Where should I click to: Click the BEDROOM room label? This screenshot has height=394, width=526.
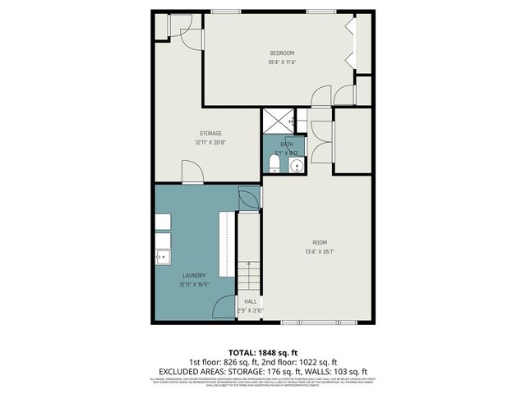282,53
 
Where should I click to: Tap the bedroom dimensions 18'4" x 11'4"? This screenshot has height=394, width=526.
282,62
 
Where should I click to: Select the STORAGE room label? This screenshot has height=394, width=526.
210,133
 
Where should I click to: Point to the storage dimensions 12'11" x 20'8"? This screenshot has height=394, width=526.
210,142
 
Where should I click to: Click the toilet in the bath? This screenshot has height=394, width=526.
275,167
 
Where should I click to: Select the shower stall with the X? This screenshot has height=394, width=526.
278,122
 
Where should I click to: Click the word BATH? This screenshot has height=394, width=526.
286,144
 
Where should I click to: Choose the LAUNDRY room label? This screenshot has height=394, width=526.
194,276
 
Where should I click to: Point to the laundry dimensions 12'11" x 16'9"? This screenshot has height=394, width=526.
194,285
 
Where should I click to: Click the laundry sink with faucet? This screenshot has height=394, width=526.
161,257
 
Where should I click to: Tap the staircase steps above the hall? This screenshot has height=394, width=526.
249,276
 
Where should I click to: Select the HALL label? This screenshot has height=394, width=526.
250,301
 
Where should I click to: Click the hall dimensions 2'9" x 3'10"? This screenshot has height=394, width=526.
250,310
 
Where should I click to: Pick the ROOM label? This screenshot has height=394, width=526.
320,242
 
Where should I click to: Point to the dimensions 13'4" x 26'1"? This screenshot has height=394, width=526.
320,251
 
